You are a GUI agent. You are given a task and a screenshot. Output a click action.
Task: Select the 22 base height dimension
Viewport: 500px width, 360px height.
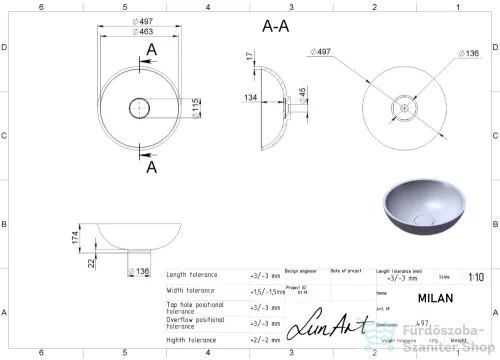coord(92,262)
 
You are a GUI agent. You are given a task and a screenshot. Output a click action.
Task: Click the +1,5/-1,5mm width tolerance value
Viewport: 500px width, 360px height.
coord(264,290)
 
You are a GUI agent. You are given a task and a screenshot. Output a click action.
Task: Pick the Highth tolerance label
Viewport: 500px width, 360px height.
coord(192,339)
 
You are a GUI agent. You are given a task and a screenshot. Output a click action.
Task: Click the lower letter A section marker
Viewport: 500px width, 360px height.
coord(152,167)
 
